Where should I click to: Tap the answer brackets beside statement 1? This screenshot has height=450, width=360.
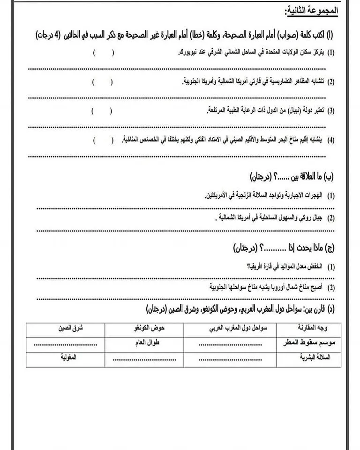pos(104,53)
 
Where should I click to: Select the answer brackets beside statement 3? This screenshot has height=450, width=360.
pos(102,111)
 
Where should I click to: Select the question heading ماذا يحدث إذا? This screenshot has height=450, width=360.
pos(300,247)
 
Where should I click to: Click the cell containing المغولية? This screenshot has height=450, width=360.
pos(66,358)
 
